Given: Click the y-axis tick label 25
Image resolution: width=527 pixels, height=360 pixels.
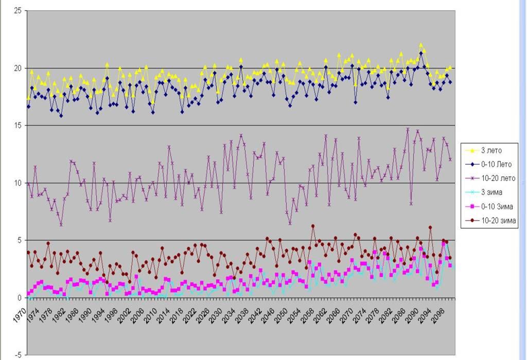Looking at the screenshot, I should coord(17,11).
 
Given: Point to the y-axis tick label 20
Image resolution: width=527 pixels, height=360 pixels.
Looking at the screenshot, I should coord(17,68).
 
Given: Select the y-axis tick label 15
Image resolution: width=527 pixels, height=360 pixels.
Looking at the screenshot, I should coord(17,125).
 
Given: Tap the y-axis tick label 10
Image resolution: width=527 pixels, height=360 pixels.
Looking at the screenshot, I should coord(17,183).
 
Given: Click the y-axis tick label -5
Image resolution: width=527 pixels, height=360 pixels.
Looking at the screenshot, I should coord(17,355).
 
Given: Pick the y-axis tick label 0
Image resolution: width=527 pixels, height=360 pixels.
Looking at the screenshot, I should coord(20,298).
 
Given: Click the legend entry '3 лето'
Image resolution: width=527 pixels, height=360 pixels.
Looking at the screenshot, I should coord(491,151).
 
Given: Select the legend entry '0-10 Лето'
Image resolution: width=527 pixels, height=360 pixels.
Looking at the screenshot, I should coord(495,165).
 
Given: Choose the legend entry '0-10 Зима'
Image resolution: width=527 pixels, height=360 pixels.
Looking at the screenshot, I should coord(495,207).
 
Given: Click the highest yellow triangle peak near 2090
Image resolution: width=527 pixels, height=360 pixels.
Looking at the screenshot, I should coord(421,45).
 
